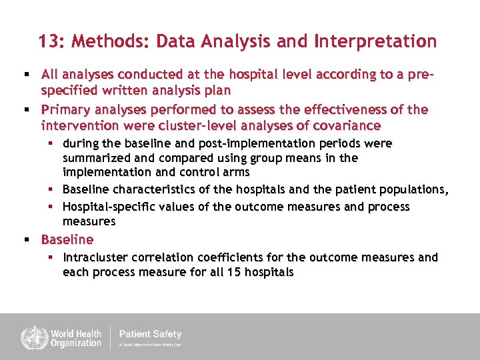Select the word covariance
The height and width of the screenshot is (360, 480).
pos(340,125)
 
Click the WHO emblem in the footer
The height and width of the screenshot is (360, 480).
pos(31,337)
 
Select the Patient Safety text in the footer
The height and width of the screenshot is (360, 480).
pos(150,334)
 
